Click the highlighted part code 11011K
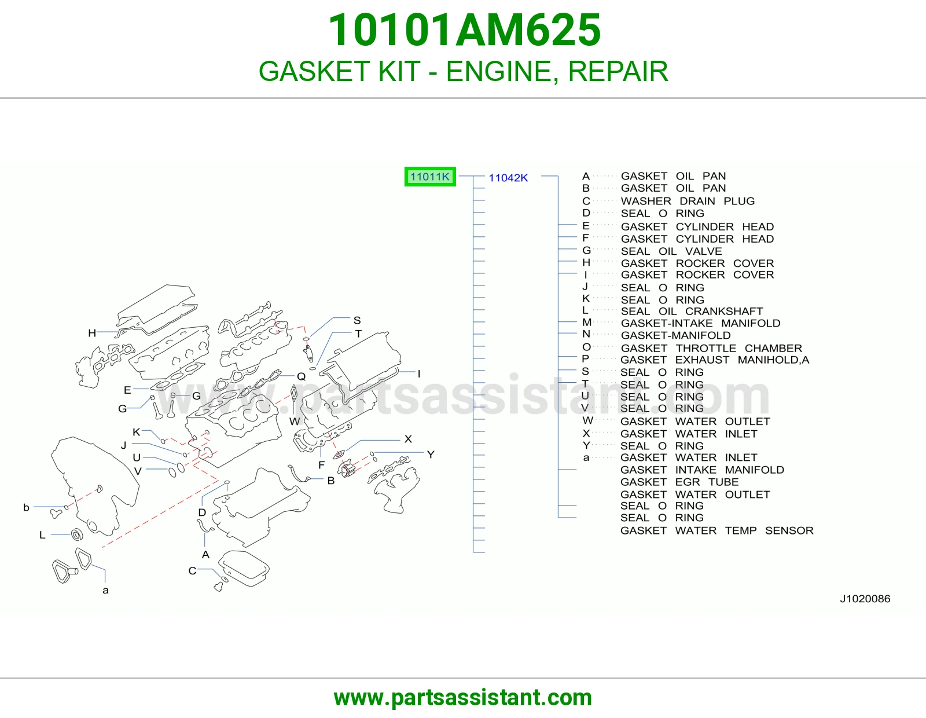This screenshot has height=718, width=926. [x=429, y=177]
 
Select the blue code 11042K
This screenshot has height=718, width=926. [x=508, y=178]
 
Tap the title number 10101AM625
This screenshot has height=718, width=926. [x=465, y=30]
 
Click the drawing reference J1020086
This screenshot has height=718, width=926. [x=865, y=599]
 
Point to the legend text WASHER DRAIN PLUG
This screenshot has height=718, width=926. [x=688, y=201]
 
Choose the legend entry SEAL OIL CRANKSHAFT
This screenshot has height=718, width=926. [x=692, y=312]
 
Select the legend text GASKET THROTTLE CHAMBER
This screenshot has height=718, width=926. [x=711, y=348]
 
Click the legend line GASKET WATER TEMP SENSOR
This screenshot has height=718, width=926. [x=716, y=530]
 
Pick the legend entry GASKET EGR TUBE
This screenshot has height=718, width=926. [x=679, y=482]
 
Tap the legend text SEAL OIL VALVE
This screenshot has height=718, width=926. [x=671, y=251]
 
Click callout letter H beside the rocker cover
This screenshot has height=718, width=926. [x=92, y=333]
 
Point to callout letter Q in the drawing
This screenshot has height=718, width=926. [x=302, y=376]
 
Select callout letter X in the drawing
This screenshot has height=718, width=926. [x=408, y=439]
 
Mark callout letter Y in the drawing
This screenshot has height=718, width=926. [x=431, y=455]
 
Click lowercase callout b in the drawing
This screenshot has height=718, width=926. [x=27, y=507]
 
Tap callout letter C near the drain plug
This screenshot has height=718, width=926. [x=192, y=570]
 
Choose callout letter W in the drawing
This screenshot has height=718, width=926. [x=295, y=422]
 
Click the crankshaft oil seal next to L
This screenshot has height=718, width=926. [x=77, y=534]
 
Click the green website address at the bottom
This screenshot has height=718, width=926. [x=463, y=698]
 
